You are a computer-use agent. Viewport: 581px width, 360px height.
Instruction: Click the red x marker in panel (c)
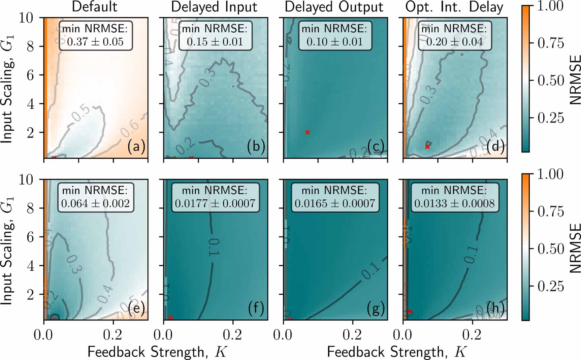point(307,132)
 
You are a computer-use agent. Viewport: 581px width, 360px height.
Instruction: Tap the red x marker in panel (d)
point(427,146)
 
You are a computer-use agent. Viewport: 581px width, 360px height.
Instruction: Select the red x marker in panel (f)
point(170,317)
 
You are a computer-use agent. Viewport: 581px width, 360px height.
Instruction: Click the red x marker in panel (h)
point(410,312)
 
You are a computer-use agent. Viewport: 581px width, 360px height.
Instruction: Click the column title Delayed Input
point(214,7)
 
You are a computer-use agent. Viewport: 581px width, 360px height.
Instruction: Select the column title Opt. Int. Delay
point(454,7)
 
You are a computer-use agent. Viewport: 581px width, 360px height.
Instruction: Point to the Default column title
point(95,7)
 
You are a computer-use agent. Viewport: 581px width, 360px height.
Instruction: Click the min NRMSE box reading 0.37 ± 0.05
point(95,35)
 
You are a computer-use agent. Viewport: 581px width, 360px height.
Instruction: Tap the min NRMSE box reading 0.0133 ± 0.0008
point(454,197)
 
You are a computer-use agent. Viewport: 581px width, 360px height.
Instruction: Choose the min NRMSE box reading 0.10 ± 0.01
point(334,35)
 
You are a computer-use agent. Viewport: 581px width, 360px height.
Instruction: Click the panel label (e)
point(136,308)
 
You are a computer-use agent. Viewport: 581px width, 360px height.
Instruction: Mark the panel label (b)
point(256,146)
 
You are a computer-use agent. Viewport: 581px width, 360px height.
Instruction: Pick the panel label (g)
point(376,308)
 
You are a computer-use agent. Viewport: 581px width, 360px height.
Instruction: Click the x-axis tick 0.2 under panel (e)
point(113,335)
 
